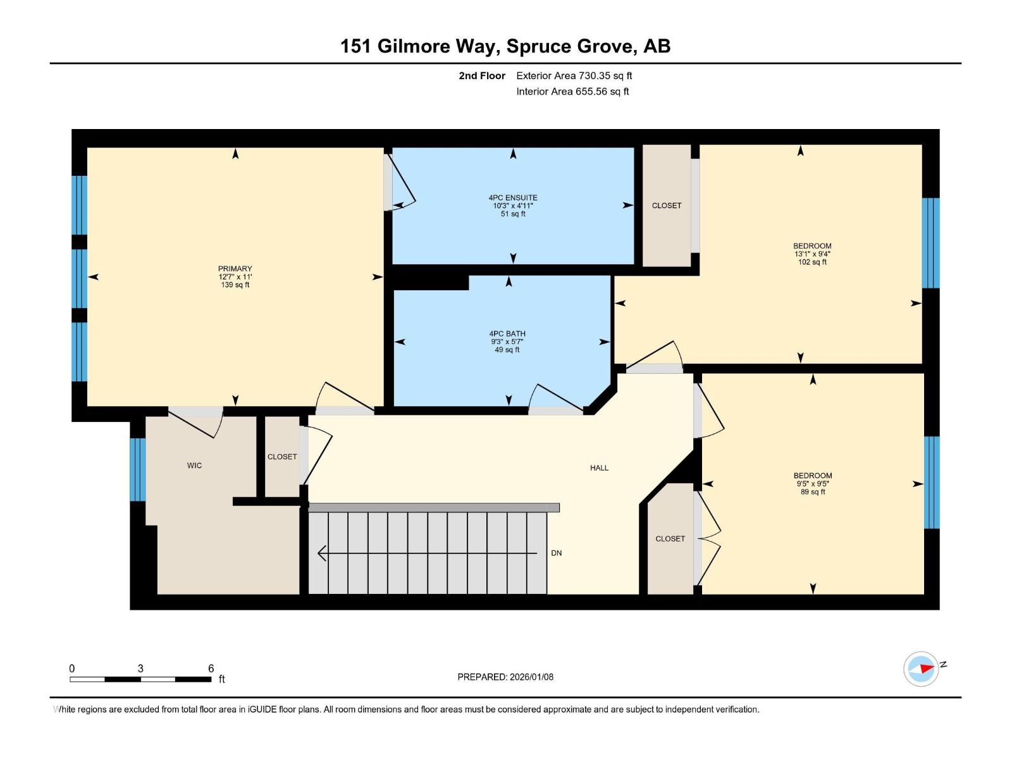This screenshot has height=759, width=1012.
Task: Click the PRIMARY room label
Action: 235,269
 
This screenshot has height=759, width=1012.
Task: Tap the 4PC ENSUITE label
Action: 513,198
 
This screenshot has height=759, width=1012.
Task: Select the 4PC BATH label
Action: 507,334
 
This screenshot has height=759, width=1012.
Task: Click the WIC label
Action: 194,466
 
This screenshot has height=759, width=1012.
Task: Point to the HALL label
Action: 599,468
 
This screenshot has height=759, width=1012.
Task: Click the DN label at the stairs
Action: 556,553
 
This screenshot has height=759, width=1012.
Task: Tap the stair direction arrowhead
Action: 322,553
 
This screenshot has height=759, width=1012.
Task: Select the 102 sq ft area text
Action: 812,262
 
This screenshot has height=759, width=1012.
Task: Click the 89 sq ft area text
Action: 813,492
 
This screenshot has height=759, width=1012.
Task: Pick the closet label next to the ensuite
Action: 667,206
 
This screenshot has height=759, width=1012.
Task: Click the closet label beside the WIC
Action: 282,457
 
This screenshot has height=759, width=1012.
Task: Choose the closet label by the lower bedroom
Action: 670,539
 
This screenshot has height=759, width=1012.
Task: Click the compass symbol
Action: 921,669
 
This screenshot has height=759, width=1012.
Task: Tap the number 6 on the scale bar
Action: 211,669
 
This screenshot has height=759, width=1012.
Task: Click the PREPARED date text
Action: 505,677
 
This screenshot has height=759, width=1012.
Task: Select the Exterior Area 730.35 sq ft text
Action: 574,76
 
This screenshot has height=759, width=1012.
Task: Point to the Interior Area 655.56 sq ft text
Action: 572,92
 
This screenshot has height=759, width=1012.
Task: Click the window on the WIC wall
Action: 138,469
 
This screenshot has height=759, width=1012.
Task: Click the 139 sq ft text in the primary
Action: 235,285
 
